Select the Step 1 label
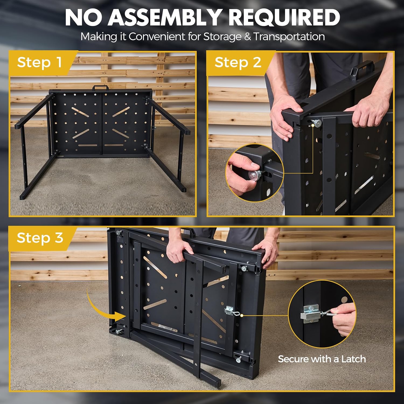tap(40, 62)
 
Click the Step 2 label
tap(238, 62)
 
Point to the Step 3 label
tap(40, 238)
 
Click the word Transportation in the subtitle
tap(289, 37)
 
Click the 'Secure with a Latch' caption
tap(322, 359)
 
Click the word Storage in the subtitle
tap(222, 37)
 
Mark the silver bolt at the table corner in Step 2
tap(317, 123)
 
